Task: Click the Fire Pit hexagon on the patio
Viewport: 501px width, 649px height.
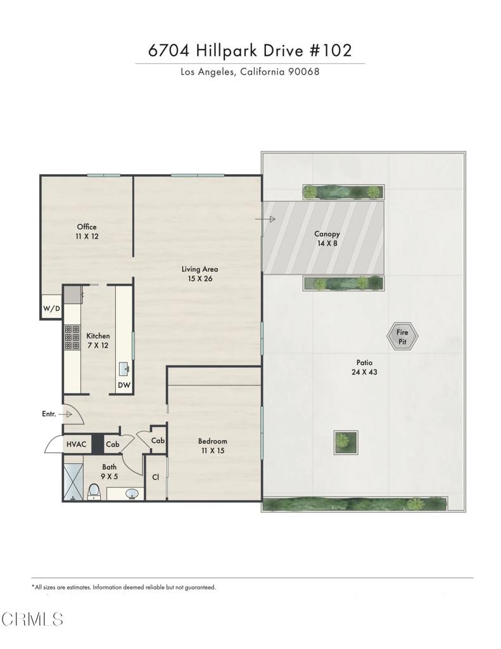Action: point(402,337)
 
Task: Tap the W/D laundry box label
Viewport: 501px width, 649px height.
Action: point(51,309)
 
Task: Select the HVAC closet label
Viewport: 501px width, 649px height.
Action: point(77,444)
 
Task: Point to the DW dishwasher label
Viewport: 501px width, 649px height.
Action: point(124,385)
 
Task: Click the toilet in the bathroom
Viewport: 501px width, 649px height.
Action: point(94,491)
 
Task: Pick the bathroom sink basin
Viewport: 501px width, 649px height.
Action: point(133,494)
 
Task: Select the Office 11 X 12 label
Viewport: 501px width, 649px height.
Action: point(87,231)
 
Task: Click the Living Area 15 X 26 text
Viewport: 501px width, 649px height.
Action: point(200,273)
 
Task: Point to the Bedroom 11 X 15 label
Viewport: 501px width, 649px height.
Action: point(212,446)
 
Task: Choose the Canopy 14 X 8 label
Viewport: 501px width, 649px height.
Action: point(327,238)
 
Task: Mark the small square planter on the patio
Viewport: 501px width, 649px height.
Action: point(346,442)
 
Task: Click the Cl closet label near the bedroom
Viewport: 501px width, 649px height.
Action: point(155,477)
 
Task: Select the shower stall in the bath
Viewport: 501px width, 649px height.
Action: point(73,482)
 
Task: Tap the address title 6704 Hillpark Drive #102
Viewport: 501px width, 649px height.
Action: point(250,51)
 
